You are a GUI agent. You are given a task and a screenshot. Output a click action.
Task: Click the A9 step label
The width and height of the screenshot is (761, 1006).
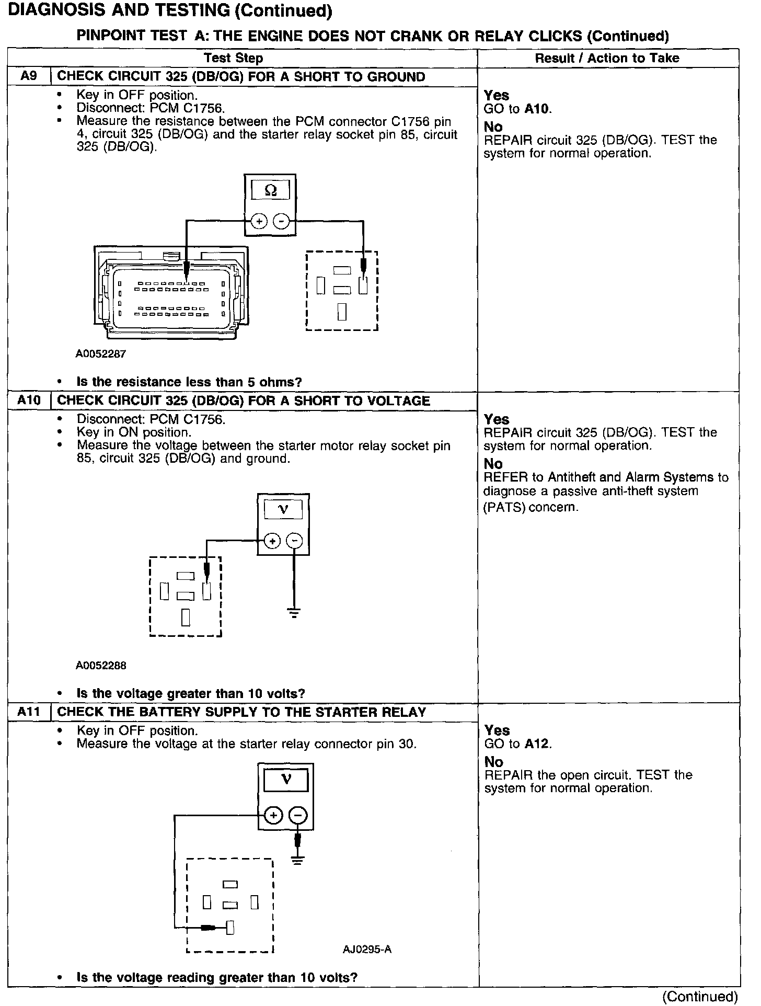[29, 76]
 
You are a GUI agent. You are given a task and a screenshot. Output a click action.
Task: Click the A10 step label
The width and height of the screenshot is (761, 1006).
[29, 401]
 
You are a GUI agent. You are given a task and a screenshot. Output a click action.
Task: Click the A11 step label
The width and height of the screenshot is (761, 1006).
[29, 712]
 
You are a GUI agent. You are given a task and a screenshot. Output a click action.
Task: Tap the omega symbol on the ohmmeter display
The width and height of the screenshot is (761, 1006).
[270, 190]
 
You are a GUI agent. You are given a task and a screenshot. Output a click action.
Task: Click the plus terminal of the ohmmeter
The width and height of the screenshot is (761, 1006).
[259, 222]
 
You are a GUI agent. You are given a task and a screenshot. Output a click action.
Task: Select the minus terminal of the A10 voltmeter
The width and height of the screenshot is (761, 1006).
[295, 541]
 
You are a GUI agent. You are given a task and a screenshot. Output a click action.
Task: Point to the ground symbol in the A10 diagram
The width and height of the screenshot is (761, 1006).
[294, 613]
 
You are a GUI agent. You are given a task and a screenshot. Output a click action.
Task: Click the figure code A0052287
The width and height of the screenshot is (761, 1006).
[101, 354]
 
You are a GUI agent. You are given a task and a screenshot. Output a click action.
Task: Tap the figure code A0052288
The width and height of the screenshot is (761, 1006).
[101, 666]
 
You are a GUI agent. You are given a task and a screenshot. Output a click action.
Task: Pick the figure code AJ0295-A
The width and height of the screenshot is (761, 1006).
[367, 949]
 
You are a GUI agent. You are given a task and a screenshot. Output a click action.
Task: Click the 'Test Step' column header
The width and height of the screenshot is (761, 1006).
[233, 58]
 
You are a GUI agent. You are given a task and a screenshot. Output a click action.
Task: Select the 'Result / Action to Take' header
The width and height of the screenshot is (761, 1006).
[607, 58]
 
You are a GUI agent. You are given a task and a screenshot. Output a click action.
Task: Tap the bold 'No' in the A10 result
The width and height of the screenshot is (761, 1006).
[493, 464]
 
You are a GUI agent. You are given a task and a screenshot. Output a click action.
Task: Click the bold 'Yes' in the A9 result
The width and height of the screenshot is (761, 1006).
[496, 95]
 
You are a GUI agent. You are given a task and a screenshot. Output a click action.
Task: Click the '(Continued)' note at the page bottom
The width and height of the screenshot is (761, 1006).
[699, 997]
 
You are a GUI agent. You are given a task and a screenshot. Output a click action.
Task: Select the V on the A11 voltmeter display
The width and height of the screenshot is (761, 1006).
[286, 781]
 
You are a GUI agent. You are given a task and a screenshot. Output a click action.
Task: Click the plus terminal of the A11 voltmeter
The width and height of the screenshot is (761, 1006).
[274, 815]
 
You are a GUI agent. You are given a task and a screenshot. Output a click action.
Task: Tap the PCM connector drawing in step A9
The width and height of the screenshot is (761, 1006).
[171, 293]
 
